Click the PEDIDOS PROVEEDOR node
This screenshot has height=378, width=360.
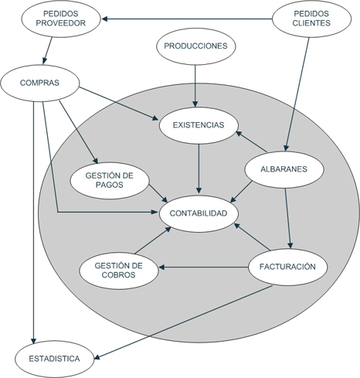pyautogui.click(x=61, y=19)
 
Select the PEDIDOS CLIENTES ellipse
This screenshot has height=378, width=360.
pyautogui.click(x=311, y=19)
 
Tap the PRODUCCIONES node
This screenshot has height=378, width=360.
pyautogui.click(x=195, y=46)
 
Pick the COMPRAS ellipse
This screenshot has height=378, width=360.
pyautogui.click(x=40, y=83)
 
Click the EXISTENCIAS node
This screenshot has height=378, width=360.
pyautogui.click(x=199, y=125)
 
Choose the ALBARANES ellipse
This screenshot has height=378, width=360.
pyautogui.click(x=284, y=169)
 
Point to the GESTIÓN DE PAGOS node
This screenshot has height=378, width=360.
pyautogui.click(x=110, y=180)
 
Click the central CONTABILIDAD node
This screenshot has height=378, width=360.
pyautogui.click(x=199, y=213)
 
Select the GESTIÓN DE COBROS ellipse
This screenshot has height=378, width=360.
pyautogui.click(x=119, y=271)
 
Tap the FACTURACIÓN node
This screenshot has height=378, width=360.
pyautogui.click(x=287, y=267)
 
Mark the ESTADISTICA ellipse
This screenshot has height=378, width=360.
pyautogui.click(x=55, y=359)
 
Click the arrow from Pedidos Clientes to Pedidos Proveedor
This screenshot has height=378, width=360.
pyautogui.click(x=187, y=19)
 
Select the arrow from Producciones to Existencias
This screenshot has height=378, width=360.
pyautogui.click(x=195, y=86)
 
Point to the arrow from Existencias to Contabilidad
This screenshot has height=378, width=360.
pyautogui.click(x=199, y=169)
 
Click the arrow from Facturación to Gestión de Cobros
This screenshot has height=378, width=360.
pyautogui.click(x=203, y=267)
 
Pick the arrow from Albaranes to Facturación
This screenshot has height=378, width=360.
pyautogui.click(x=288, y=219)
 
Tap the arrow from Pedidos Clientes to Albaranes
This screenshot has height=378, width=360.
pyautogui.click(x=297, y=94)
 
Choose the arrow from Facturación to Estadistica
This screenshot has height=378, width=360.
pyautogui.click(x=184, y=322)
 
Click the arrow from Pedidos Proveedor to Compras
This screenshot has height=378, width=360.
pyautogui.click(x=48, y=51)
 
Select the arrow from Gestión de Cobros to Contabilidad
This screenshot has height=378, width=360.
pyautogui.click(x=153, y=240)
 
